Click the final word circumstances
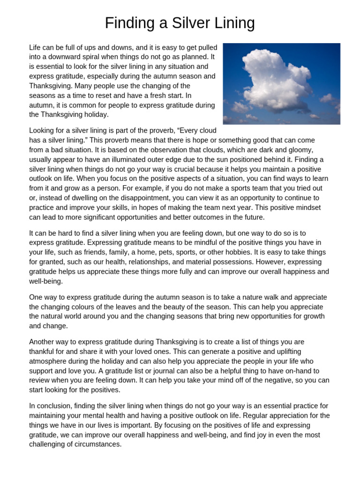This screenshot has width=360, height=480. [x=97, y=444]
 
